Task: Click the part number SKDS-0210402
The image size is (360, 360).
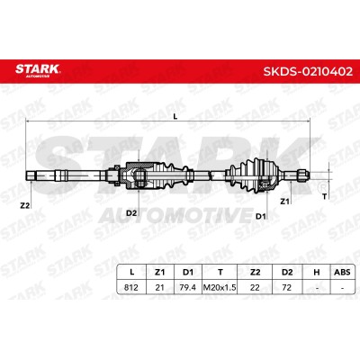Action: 308,72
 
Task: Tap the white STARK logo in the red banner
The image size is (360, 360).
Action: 38,69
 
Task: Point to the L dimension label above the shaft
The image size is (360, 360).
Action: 175,117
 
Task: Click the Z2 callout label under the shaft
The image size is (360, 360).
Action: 25,205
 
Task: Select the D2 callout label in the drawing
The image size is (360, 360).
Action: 131,213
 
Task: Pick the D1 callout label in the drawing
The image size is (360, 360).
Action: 261,216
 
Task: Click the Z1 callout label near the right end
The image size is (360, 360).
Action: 284,202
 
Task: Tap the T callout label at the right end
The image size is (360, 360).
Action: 324,197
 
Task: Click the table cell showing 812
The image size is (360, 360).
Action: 131,287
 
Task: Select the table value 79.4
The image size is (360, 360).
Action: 187,287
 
